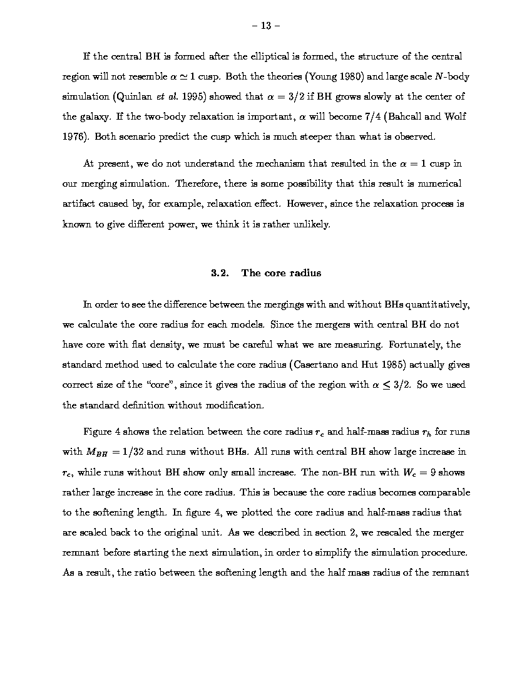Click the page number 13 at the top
pyautogui.click(x=265, y=26)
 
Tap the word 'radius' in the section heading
pyautogui.click(x=305, y=272)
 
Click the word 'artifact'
pyautogui.click(x=81, y=204)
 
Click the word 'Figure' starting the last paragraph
pyautogui.click(x=97, y=432)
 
